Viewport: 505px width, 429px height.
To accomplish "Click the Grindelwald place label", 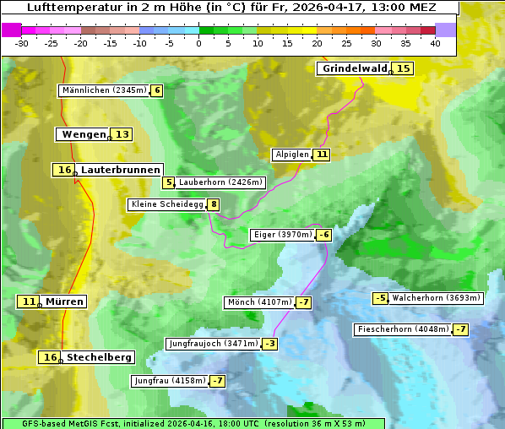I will click(x=354, y=68).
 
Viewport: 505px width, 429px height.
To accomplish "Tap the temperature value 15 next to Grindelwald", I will click(x=404, y=68).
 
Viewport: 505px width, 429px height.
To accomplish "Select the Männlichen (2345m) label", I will click(x=104, y=90).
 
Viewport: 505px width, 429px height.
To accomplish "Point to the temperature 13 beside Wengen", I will click(x=122, y=134).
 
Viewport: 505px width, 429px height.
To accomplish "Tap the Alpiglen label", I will click(x=291, y=155).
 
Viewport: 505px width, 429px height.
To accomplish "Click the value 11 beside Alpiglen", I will click(x=322, y=155).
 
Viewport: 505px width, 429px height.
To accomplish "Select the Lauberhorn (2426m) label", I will click(x=221, y=182).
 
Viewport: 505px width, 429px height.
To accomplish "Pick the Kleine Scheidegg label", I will click(x=166, y=204).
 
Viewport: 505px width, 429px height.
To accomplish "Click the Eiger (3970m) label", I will click(x=282, y=235).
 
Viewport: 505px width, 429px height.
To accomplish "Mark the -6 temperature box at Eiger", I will click(x=323, y=235).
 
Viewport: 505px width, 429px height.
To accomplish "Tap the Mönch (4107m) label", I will click(x=258, y=302).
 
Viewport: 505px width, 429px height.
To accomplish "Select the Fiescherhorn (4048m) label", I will click(x=403, y=329).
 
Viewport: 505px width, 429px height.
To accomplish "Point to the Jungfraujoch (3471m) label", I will click(x=213, y=344).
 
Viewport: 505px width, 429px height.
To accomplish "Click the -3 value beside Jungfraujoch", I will click(x=269, y=344).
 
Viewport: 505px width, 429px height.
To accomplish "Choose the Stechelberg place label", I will click(x=99, y=357).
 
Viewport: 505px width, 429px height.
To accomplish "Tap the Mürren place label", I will click(x=64, y=301).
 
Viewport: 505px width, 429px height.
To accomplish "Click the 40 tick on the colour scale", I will click(x=435, y=43).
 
